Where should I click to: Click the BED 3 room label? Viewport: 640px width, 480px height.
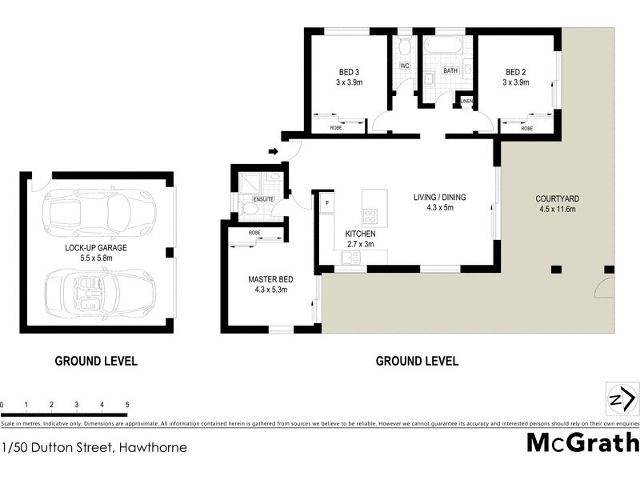[x=350, y=70]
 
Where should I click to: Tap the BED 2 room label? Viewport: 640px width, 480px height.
[x=516, y=70]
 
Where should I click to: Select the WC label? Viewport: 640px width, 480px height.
[x=404, y=66]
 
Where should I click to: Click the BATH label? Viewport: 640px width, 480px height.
[x=450, y=70]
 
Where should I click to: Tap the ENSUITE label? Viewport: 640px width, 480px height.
[x=263, y=198]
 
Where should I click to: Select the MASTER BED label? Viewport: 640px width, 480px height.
[x=270, y=279]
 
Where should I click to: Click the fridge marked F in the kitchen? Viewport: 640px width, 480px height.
[x=327, y=204]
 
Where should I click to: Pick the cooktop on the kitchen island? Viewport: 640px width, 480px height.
[x=371, y=215]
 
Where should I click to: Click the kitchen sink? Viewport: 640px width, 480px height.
[x=350, y=257]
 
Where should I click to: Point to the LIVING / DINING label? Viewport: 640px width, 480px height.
[x=439, y=198]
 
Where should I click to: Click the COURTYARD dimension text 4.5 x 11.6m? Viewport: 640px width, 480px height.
[x=558, y=210]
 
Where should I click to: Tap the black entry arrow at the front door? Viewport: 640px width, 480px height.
[x=273, y=151]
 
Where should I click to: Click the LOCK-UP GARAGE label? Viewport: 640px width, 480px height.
[x=96, y=248]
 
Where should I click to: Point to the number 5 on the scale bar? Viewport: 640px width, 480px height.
[x=127, y=406]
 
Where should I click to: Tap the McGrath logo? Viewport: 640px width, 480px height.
[x=582, y=442]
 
